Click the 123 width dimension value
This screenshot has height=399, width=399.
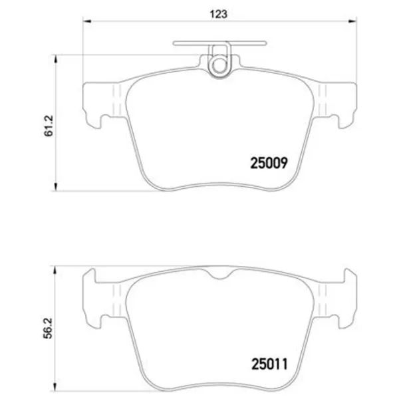tap(218, 14)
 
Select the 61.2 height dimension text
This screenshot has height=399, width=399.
tap(49, 126)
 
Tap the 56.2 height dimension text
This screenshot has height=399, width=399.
tap(48, 329)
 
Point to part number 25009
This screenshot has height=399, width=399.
tap(269, 163)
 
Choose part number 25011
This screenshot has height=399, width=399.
tap(269, 364)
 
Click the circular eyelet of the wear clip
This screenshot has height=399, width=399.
tap(219, 65)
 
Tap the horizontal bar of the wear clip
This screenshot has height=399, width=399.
tap(219, 43)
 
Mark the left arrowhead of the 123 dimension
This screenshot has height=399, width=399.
tap(87, 21)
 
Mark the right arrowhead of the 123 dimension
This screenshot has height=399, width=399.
tap(352, 21)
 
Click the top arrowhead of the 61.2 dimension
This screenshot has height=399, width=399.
tap(55, 59)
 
